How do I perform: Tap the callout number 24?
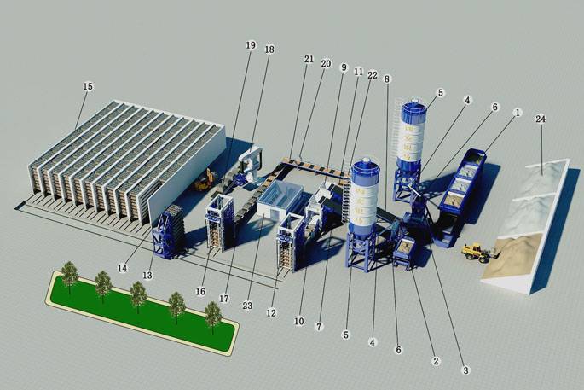(x=541, y=119)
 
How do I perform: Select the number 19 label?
(x=250, y=44)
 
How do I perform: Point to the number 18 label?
(x=269, y=50)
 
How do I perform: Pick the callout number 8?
(x=388, y=79)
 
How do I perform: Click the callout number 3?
(x=465, y=370)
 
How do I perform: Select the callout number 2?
(x=437, y=361)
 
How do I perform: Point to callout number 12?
(x=272, y=313)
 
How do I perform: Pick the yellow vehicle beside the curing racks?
(x=204, y=181)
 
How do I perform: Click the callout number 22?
(x=373, y=76)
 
